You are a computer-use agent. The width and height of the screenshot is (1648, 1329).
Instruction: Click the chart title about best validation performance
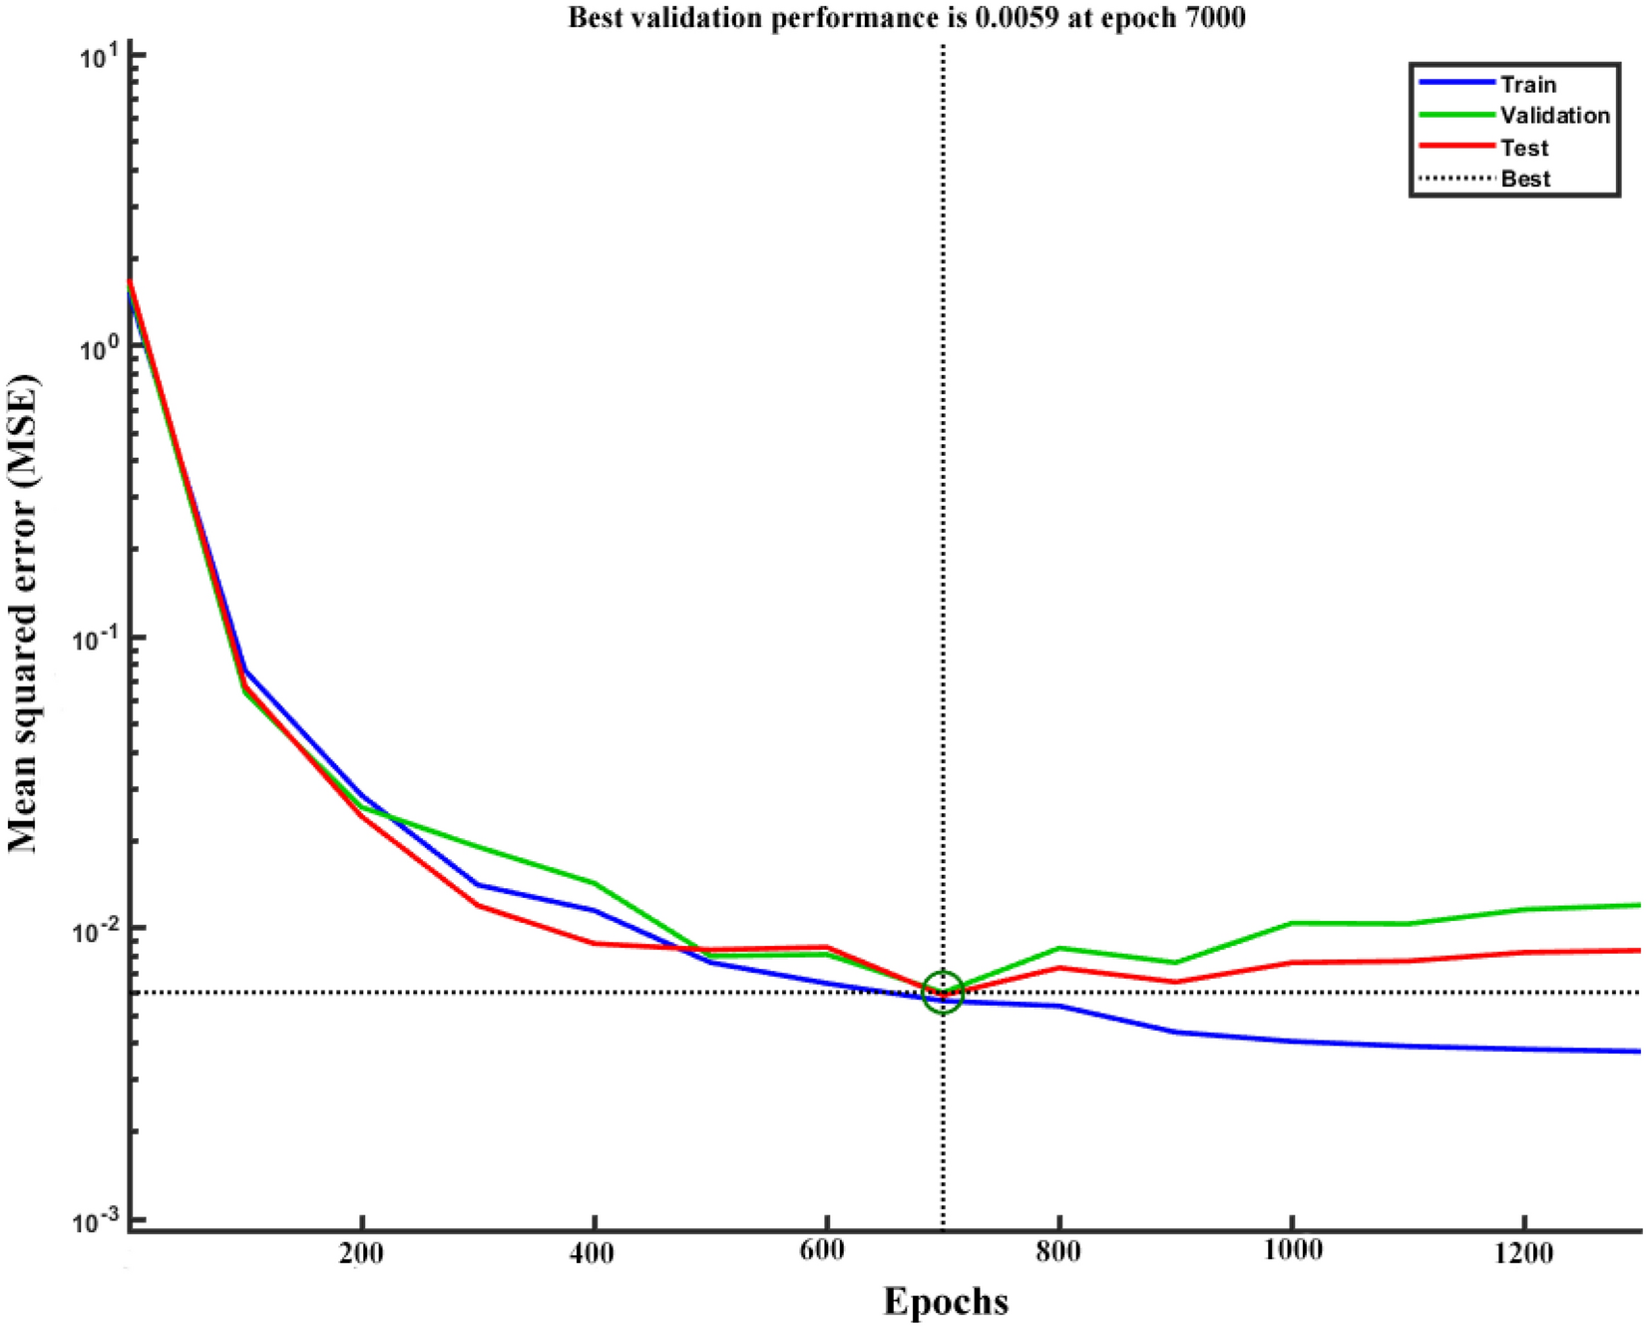pyautogui.click(x=906, y=17)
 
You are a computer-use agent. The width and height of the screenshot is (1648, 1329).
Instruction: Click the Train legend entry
pyautogui.click(x=1527, y=85)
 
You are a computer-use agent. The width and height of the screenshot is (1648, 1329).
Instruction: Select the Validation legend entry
pyautogui.click(x=1554, y=116)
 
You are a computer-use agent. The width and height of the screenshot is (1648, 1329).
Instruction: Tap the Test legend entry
pyautogui.click(x=1524, y=148)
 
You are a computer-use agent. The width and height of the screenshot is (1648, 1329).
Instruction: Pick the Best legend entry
pyautogui.click(x=1525, y=179)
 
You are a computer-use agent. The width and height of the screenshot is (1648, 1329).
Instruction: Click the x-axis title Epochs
pyautogui.click(x=946, y=1301)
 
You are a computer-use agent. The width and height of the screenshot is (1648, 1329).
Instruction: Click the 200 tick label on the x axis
pyautogui.click(x=361, y=1253)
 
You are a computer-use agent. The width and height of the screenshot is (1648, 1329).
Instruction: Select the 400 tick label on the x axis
pyautogui.click(x=594, y=1253)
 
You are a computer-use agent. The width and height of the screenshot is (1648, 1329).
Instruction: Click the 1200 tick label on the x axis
pyautogui.click(x=1524, y=1253)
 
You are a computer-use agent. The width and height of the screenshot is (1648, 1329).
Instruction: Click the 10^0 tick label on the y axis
pyautogui.click(x=100, y=345)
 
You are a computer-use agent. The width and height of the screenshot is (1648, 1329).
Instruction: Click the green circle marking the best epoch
pyautogui.click(x=943, y=992)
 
